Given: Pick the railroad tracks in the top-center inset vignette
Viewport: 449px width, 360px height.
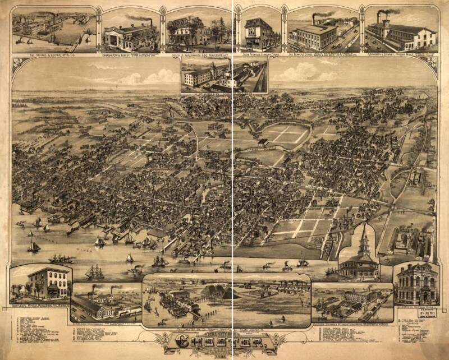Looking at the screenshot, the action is (x=256, y=79).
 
